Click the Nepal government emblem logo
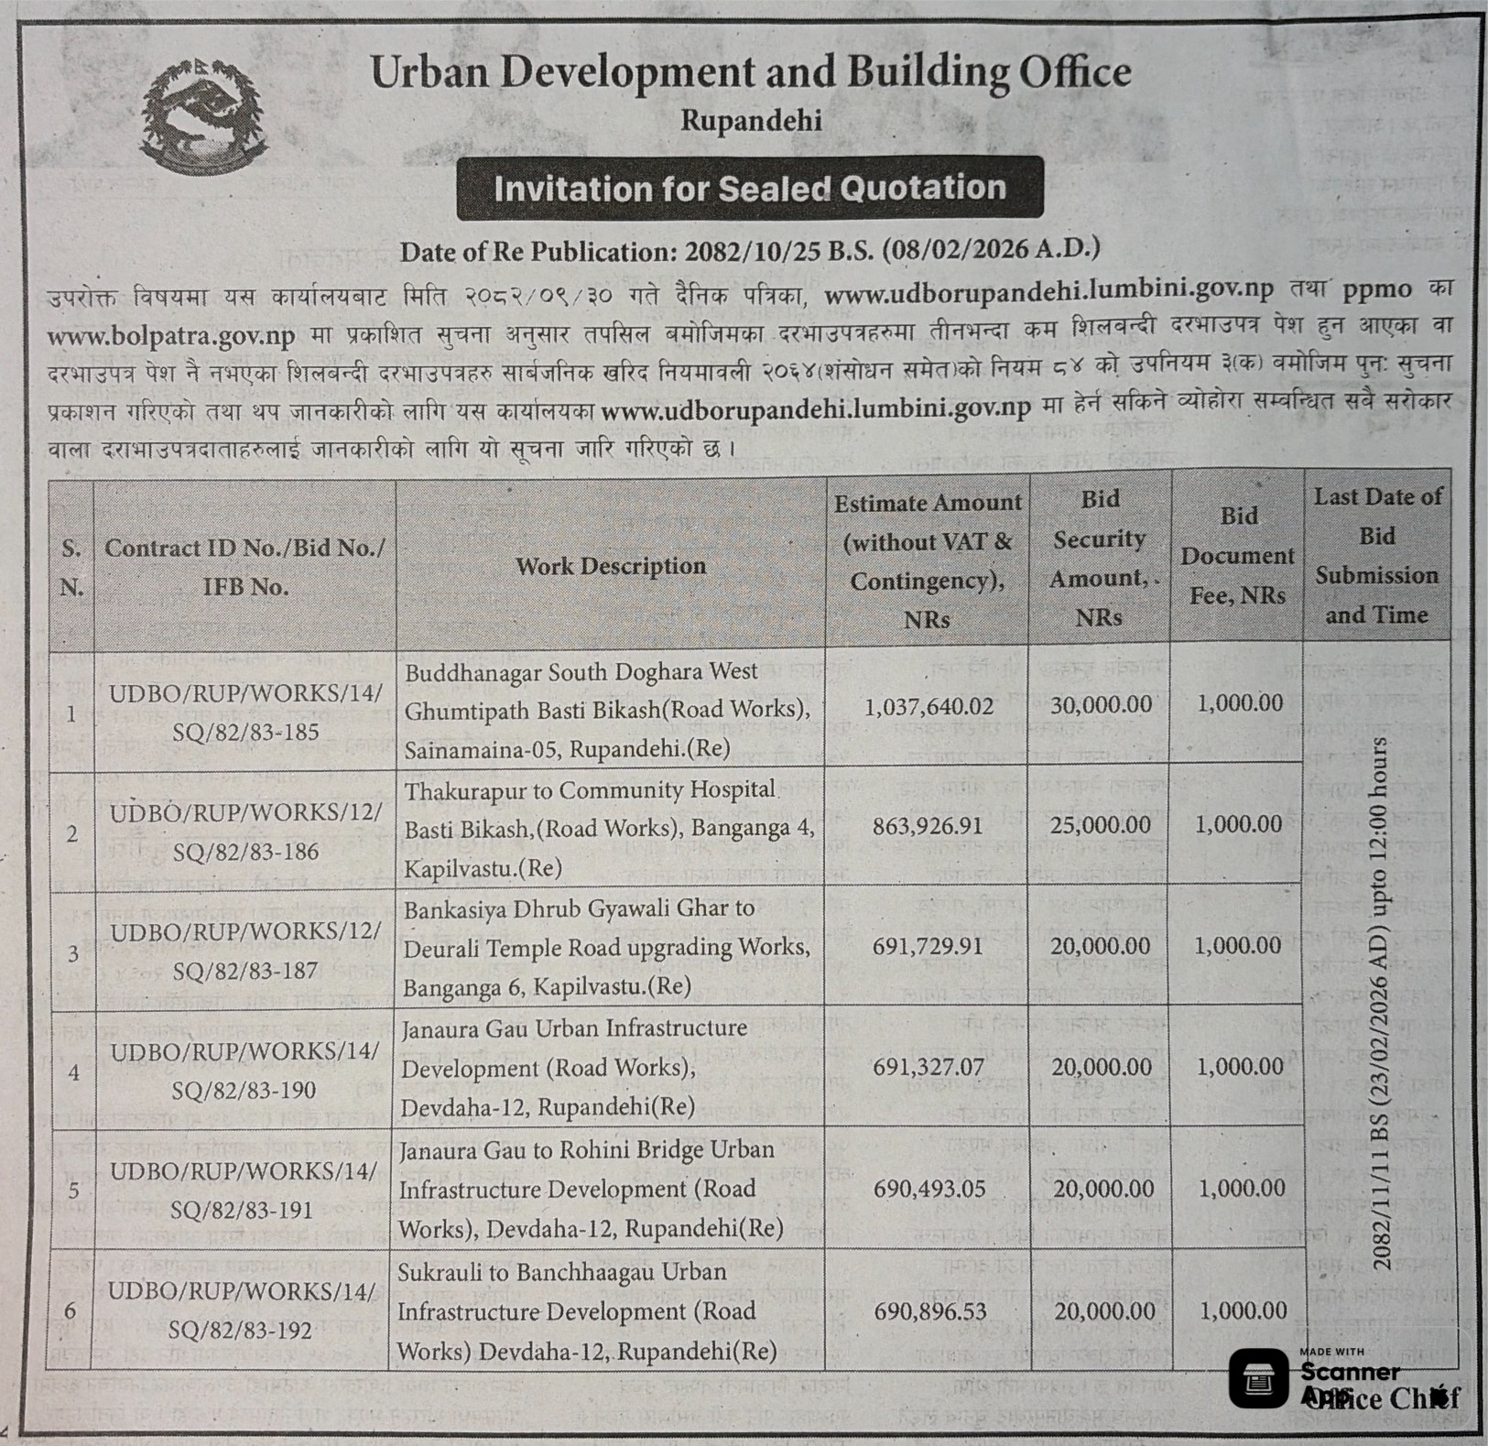tap(202, 115)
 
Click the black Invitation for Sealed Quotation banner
tap(749, 188)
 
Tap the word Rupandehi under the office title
tap(751, 120)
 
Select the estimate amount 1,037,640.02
tap(929, 707)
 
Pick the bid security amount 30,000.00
tap(1101, 704)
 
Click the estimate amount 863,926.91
tap(928, 826)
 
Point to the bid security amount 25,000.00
tap(1101, 825)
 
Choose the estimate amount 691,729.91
tap(928, 946)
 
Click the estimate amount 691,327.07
tap(929, 1067)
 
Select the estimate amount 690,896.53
tap(930, 1311)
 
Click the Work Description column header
tap(611, 566)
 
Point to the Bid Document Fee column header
tap(1238, 555)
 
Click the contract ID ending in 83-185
tap(245, 712)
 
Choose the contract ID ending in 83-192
tap(243, 1310)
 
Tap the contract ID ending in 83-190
tap(244, 1071)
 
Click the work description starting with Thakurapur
tap(608, 829)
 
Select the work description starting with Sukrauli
tap(586, 1311)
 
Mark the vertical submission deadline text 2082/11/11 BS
tap(1380, 1003)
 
